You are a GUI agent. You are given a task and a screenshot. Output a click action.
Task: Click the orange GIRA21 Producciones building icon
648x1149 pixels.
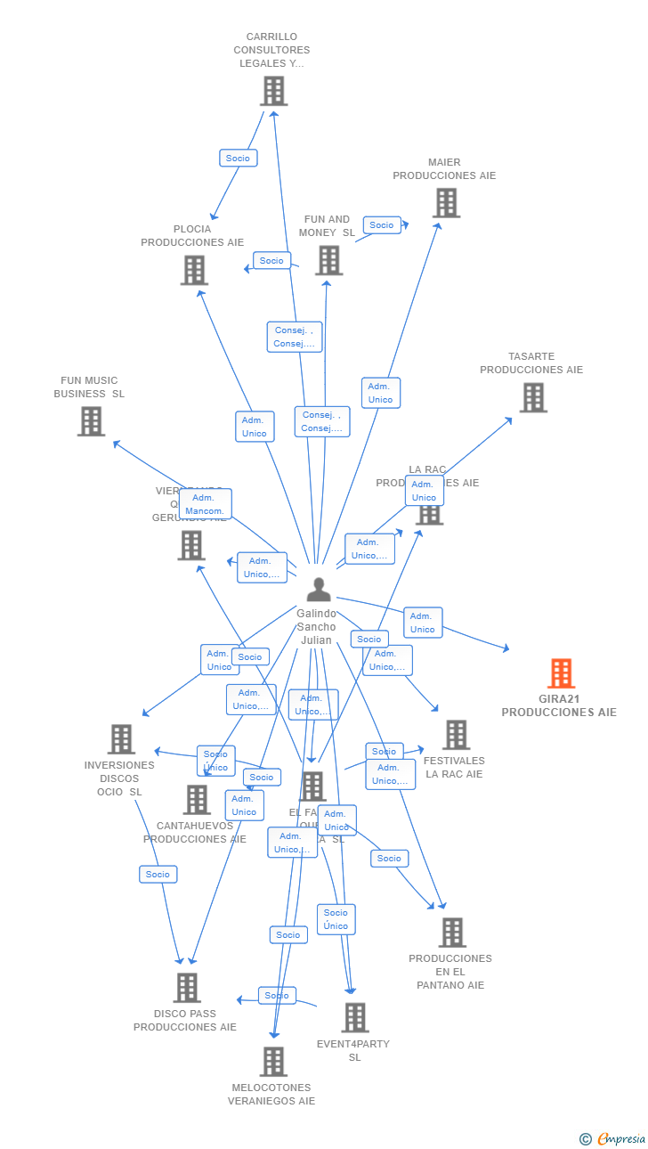pos(561,673)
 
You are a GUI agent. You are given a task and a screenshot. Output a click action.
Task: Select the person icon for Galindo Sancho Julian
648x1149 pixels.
pos(318,589)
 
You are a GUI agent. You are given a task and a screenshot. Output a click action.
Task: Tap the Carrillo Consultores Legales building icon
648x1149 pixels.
pos(273,91)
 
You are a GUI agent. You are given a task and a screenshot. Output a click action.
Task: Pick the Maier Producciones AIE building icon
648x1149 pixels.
pos(446,203)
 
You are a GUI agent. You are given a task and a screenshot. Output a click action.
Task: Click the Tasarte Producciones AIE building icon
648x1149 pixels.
pos(533,397)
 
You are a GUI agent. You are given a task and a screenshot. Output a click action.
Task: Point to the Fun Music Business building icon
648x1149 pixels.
pos(91,421)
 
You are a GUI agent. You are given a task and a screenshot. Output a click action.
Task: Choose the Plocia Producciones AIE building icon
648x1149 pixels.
pos(194,270)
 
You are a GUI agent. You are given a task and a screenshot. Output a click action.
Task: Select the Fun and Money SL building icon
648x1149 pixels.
pos(328,260)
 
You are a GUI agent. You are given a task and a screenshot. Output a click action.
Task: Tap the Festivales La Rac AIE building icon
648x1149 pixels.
pos(456,735)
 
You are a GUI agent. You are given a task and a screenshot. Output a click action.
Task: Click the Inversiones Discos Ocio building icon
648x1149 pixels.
pos(121,739)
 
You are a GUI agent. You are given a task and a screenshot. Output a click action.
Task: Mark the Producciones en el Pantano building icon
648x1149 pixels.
pos(452,933)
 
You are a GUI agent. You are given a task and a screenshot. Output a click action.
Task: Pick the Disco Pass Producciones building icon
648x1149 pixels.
pos(186,988)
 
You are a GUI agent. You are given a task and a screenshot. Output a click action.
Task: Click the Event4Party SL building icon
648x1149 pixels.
pos(354,1017)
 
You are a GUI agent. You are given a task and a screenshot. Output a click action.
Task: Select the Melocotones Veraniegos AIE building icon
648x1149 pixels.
pos(273,1062)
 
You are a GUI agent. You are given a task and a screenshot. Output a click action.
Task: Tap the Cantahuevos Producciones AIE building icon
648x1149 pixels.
pos(197,800)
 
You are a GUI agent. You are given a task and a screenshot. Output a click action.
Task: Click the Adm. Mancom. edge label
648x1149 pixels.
pos(205,504)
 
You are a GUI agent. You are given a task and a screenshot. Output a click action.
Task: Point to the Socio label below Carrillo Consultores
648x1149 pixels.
pos(238,158)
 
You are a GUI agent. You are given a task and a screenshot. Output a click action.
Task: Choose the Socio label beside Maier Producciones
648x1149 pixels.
pos(382,225)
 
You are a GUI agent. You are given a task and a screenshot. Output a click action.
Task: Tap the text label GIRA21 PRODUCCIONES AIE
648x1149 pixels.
pos(559,705)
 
